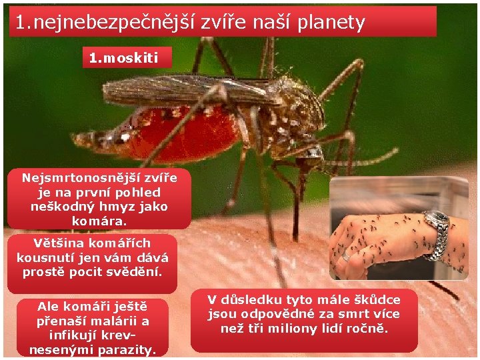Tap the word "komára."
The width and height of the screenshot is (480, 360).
(x=99, y=221)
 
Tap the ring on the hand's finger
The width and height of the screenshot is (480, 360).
(x=345, y=257)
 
